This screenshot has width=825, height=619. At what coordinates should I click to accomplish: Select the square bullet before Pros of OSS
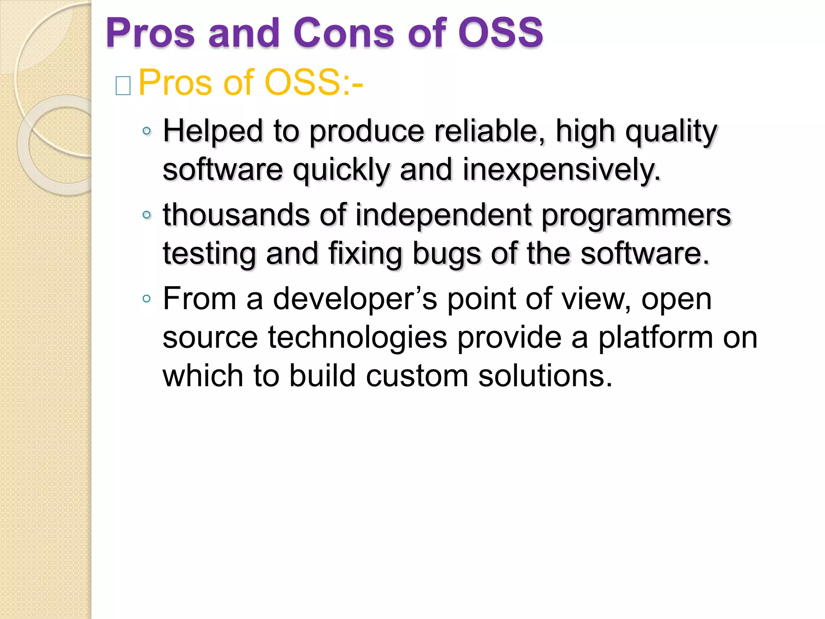pyautogui.click(x=123, y=86)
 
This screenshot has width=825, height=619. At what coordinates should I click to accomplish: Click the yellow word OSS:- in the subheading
pyautogui.click(x=313, y=83)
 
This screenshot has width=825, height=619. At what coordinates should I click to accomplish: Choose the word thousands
pyautogui.click(x=236, y=215)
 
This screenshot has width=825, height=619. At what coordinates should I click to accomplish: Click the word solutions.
pyautogui.click(x=545, y=376)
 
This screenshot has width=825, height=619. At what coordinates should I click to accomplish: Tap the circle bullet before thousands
pyautogui.click(x=147, y=215)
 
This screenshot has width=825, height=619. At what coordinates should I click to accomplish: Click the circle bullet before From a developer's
pyautogui.click(x=147, y=299)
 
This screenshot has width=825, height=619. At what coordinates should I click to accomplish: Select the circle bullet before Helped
pyautogui.click(x=147, y=131)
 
